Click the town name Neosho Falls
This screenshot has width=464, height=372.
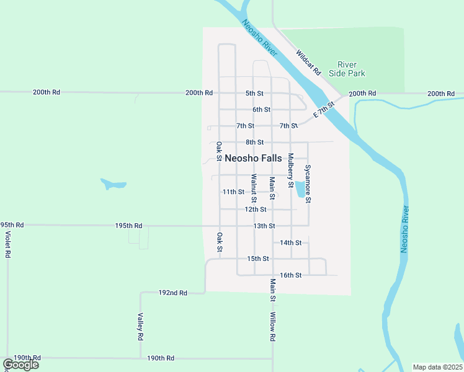pos(253,158)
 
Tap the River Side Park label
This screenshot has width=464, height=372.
pos(351,69)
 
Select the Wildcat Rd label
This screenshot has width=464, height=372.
pos(308,63)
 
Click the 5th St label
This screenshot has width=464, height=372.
pos(254,94)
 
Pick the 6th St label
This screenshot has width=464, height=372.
pos(261,110)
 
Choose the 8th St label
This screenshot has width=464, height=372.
pos(254,142)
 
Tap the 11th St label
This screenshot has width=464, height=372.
pos(234,192)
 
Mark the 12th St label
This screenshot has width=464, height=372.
pos(256,210)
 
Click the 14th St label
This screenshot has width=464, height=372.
pos(290,242)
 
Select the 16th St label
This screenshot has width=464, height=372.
pos(290,275)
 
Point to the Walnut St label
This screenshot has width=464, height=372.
pos(254,189)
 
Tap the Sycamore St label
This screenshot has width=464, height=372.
pos(308,184)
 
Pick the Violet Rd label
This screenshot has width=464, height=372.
pos(8,245)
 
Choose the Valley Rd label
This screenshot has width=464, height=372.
pos(141,327)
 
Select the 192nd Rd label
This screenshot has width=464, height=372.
pos(172,293)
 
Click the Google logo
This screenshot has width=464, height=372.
pos(20,365)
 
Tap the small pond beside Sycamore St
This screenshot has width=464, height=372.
pos(301,188)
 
